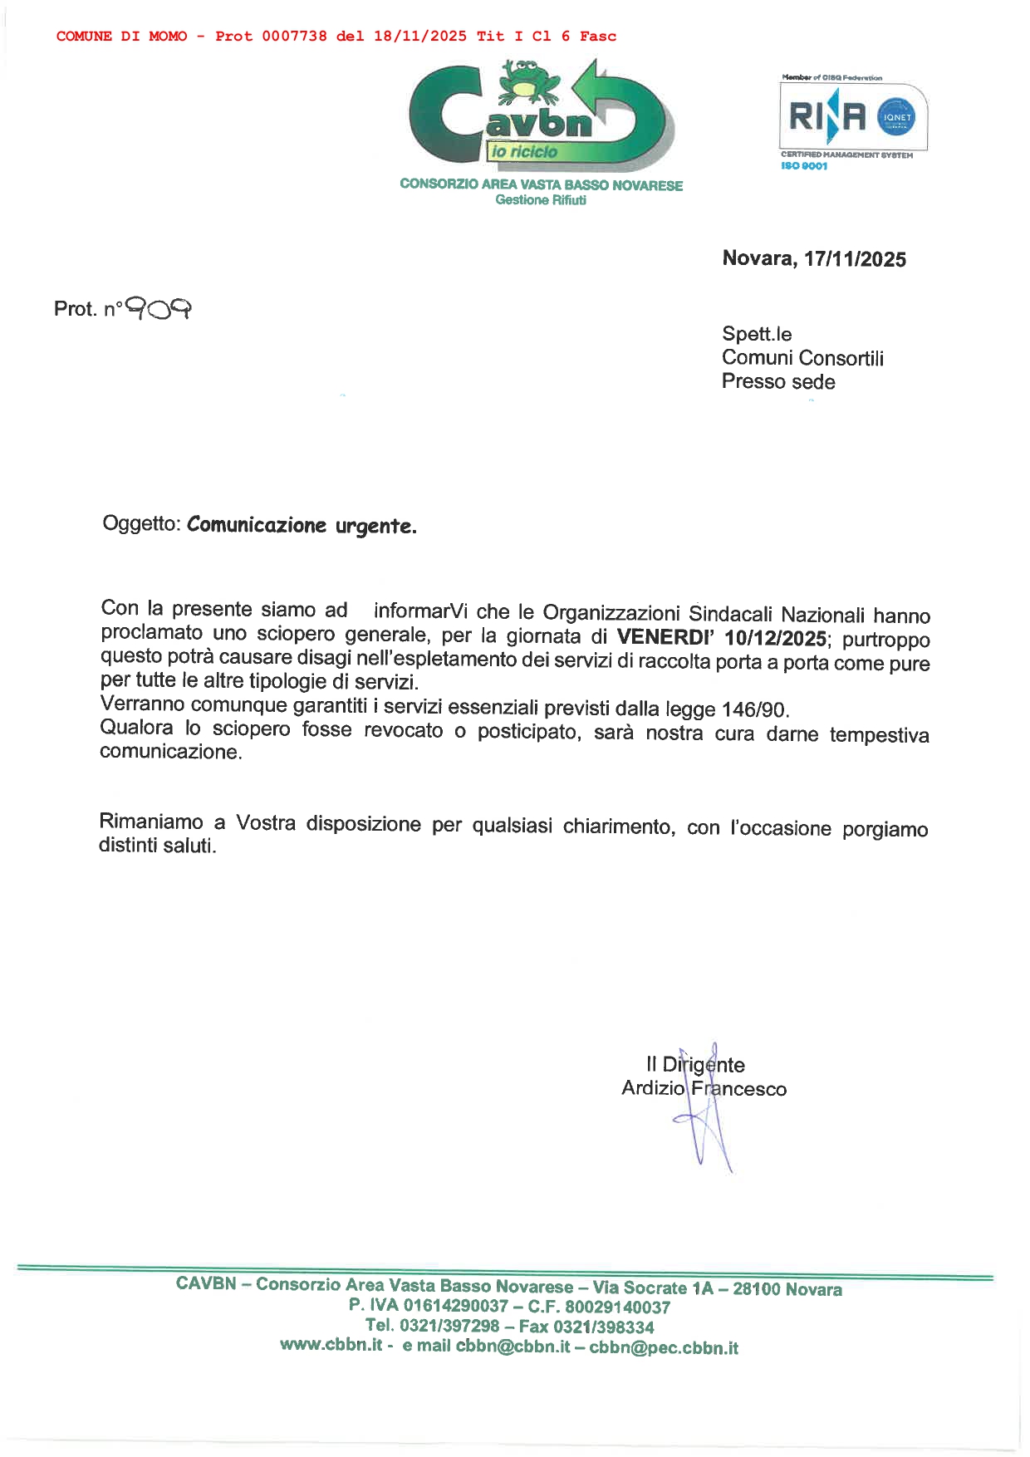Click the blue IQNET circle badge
coord(897,117)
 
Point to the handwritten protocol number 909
coord(159,309)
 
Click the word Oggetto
coord(140,524)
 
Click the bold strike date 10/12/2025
coord(775,639)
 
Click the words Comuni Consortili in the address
coord(802,358)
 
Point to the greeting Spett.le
coord(757,334)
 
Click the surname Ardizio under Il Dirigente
coord(653,1088)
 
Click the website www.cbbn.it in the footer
coord(331,1345)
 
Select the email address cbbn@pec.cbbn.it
coord(664,1347)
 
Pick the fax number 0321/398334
coord(604,1327)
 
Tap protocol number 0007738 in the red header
coord(294,37)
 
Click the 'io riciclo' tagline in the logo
coord(523,152)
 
